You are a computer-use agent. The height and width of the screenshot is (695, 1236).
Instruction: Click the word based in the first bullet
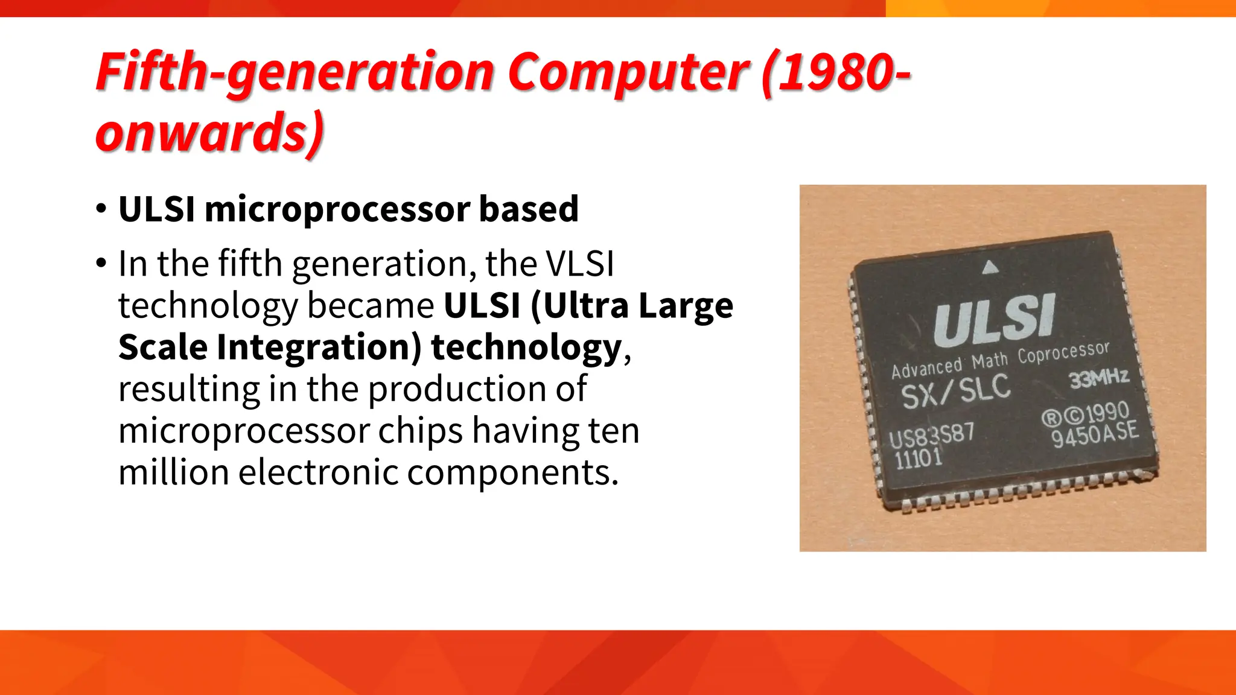pos(529,209)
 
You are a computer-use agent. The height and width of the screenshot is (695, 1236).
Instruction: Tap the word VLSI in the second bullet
pos(579,264)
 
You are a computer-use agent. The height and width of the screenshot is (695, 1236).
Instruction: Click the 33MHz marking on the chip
pos(1098,379)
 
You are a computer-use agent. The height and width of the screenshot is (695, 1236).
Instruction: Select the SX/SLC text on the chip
pos(955,390)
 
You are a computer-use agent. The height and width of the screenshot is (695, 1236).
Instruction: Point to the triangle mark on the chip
pos(990,267)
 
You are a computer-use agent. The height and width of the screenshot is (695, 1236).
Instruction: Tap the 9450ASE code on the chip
pos(1095,434)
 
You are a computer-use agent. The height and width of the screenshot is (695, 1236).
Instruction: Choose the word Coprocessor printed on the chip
pos(1063,352)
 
